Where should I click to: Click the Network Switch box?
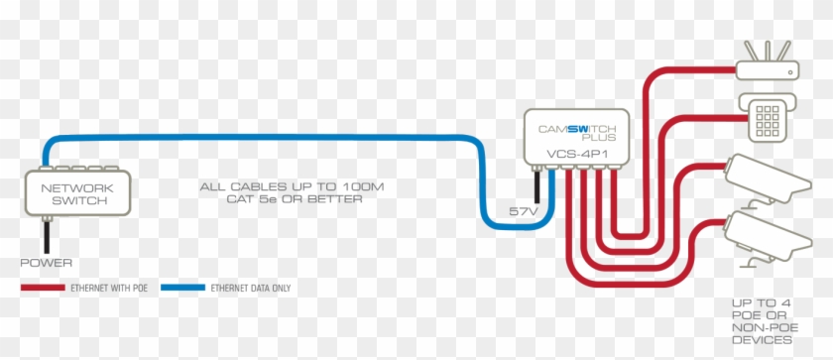[x=76, y=193]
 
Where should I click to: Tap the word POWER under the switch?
[x=46, y=263]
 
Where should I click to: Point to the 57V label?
[x=523, y=212]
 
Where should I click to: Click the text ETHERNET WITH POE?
[x=110, y=288]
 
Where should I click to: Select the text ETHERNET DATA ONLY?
[x=250, y=288]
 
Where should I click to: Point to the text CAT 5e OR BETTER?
[x=281, y=199]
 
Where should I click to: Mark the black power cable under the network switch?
[x=45, y=234]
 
